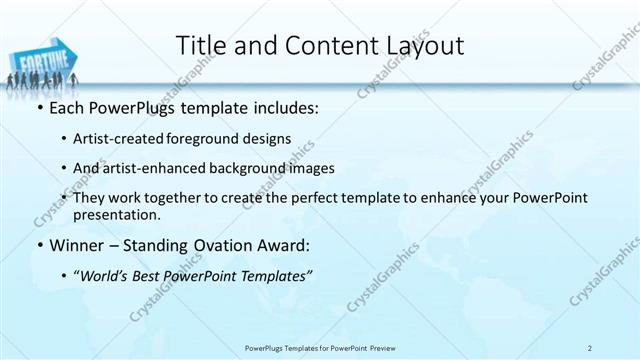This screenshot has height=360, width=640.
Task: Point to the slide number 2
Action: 590,348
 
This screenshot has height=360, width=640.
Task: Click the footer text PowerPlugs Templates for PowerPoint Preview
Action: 319,348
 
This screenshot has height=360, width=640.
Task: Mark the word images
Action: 312,168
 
